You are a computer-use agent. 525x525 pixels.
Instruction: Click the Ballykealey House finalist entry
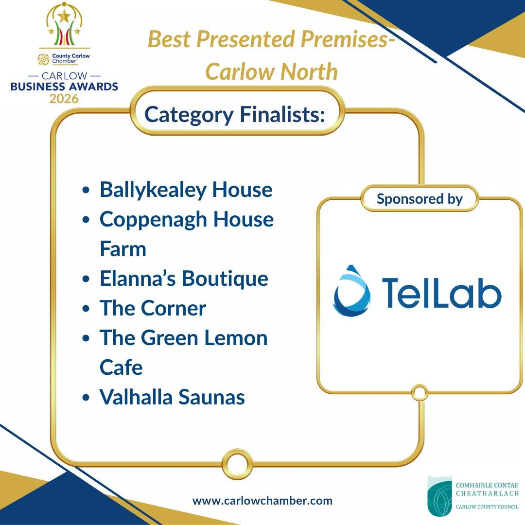(x=186, y=191)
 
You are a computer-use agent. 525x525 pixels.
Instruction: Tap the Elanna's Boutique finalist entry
(x=184, y=279)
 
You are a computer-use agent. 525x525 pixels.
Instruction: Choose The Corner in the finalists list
(x=153, y=308)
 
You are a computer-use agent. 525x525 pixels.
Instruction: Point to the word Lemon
(x=236, y=337)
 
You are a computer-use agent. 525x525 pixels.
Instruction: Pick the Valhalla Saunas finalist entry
(x=172, y=397)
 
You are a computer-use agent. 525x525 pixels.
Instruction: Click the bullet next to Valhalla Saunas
(x=86, y=398)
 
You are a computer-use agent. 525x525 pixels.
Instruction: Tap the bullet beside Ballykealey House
(x=86, y=190)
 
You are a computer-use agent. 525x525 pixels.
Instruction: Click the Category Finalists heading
(x=234, y=115)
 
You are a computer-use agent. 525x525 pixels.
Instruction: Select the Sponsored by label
(x=420, y=199)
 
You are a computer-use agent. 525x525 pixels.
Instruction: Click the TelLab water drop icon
(x=351, y=291)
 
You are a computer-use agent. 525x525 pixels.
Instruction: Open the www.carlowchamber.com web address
(x=262, y=501)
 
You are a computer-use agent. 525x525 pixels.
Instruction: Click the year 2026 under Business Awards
(x=64, y=98)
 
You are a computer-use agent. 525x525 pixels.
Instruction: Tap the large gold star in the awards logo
(x=64, y=16)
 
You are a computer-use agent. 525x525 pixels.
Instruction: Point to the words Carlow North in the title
(x=272, y=71)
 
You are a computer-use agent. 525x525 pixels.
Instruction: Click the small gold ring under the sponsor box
(x=420, y=392)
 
